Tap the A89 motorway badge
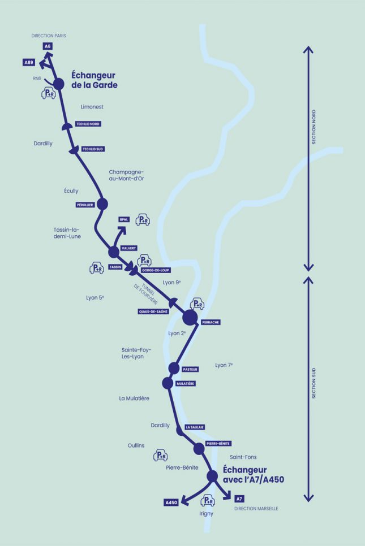[29, 62]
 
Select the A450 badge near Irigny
[171, 502]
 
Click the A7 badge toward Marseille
[239, 499]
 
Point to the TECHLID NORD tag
[88, 124]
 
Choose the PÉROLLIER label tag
[84, 205]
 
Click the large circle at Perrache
[190, 318]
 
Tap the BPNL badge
[124, 219]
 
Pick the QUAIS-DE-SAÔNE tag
[153, 311]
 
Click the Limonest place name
[92, 106]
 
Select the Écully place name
[71, 191]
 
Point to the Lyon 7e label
[224, 365]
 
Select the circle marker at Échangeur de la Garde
[59, 85]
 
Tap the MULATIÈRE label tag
[186, 383]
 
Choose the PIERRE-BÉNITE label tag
[218, 444]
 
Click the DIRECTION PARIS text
[49, 35]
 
